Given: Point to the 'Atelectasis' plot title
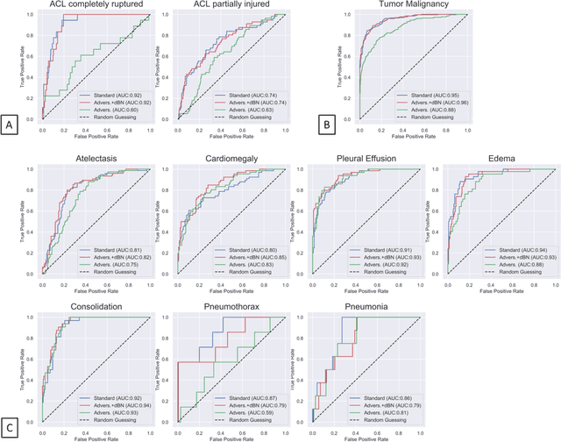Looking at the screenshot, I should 93,159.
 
